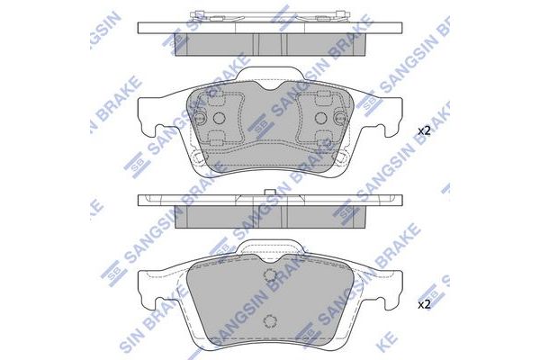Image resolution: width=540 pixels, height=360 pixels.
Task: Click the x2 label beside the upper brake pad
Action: tap(424, 131)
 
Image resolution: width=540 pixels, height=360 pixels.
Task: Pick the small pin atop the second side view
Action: tap(270, 192)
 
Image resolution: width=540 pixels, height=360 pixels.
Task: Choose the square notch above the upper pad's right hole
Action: tap(321, 98)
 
